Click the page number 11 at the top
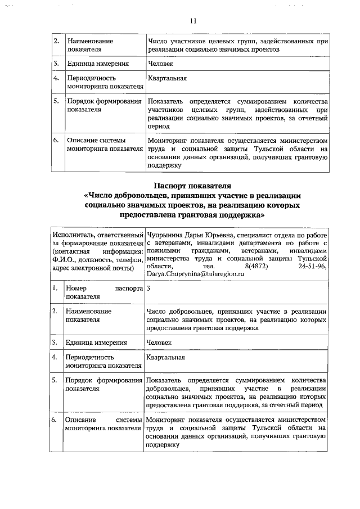click(192, 21)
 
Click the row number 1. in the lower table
click(55, 289)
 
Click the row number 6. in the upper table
click(56, 141)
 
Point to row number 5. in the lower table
click(55, 381)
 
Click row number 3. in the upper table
click(56, 64)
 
